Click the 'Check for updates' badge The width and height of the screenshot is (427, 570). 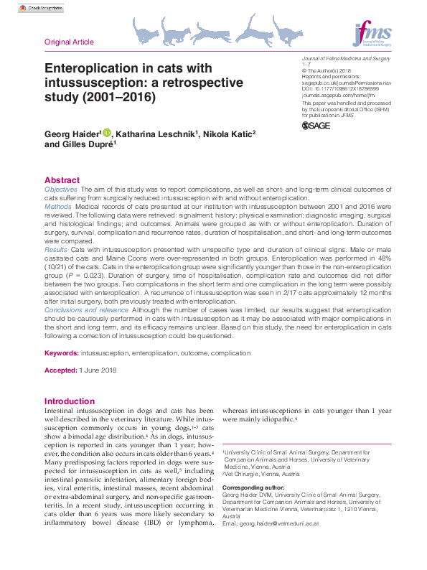pos(41,8)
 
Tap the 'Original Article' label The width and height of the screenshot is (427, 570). pos(69,42)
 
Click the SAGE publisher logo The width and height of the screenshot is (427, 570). pos(317,126)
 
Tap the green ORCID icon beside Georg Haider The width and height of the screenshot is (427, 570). pos(108,133)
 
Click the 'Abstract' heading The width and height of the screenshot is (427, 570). pos(62,179)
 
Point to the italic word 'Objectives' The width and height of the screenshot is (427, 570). pos(62,188)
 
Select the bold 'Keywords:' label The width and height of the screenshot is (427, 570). pos(61,354)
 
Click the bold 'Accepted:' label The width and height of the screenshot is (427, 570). pos(61,370)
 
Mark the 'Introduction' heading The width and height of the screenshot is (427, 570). pos(69,401)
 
